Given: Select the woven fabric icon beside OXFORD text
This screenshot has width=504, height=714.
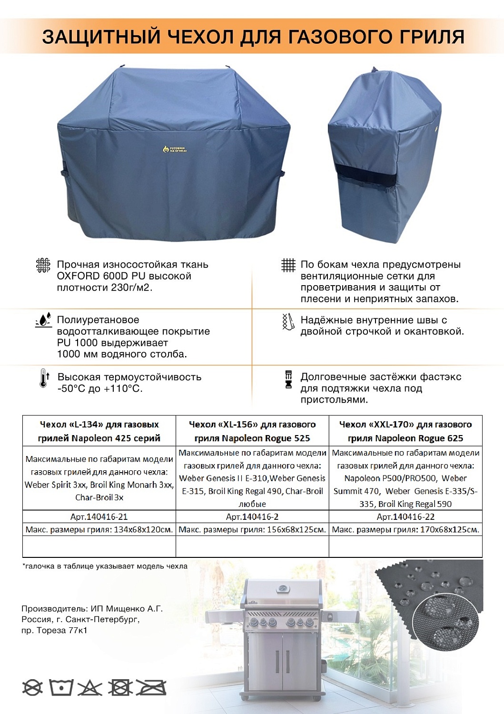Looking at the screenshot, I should (x=43, y=265).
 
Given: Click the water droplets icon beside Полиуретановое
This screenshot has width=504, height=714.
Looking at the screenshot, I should (x=43, y=320).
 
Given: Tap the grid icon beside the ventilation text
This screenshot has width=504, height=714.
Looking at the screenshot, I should (x=288, y=265).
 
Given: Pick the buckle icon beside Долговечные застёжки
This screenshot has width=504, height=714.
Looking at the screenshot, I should (x=288, y=379).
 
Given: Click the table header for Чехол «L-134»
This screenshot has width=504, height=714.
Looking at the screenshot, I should (x=99, y=431).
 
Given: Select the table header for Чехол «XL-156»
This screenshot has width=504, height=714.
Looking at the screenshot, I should (x=252, y=431).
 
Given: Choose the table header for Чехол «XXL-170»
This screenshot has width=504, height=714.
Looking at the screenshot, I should (x=405, y=431).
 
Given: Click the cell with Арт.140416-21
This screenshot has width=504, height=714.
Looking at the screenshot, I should (x=99, y=516).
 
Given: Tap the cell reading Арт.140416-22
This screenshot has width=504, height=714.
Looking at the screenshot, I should (x=405, y=516).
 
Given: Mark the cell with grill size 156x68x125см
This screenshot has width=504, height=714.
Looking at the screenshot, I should (x=252, y=529).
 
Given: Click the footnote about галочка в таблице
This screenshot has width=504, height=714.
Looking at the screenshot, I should (x=105, y=566).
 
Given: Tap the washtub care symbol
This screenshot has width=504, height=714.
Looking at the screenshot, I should (x=61, y=687).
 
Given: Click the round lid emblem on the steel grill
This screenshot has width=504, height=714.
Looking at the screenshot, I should (x=284, y=588).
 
